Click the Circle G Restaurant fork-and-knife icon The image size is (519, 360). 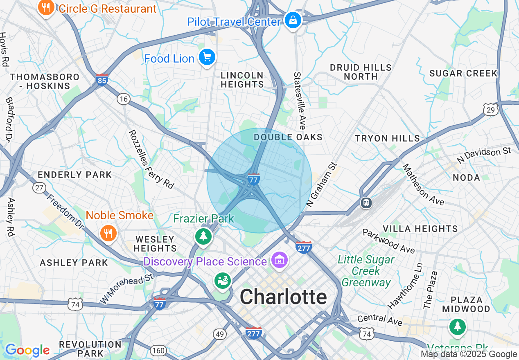46,7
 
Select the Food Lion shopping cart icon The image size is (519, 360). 207,58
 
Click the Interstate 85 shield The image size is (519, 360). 102,79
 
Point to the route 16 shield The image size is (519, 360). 123,99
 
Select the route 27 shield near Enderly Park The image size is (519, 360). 39,188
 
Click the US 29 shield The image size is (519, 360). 490,109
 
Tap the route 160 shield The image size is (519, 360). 158,350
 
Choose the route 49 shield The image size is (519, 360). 220,334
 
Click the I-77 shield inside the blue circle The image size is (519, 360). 254,179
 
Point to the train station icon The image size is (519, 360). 366,202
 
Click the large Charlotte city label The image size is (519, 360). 283,297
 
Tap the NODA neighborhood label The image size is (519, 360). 467,178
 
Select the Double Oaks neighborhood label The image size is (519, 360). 288,137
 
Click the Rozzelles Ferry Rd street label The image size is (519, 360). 151,159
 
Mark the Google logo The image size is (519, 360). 27,351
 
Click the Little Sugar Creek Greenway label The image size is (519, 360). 366,271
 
